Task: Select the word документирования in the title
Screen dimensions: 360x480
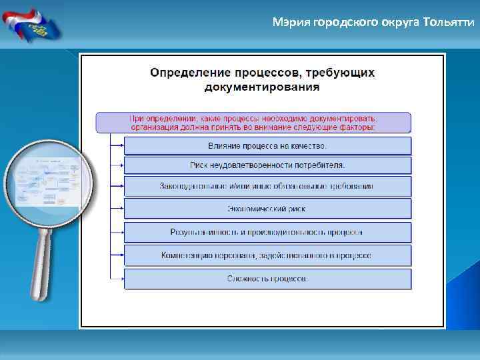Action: [x=261, y=87]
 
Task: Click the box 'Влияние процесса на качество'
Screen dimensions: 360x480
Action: [x=267, y=146]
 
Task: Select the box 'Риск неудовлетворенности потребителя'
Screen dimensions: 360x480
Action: [x=267, y=165]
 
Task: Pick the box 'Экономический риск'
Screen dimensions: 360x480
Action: [x=267, y=209]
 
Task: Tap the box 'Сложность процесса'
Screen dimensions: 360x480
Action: [x=267, y=279]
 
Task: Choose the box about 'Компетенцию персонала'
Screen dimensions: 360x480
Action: [x=267, y=255]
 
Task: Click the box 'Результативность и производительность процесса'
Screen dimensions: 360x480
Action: [x=267, y=232]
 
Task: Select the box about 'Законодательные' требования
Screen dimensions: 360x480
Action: [x=267, y=186]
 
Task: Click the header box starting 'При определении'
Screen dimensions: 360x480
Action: [x=253, y=122]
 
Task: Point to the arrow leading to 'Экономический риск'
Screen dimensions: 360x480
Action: [x=117, y=209]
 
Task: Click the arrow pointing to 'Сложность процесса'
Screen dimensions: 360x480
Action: [x=117, y=279]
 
